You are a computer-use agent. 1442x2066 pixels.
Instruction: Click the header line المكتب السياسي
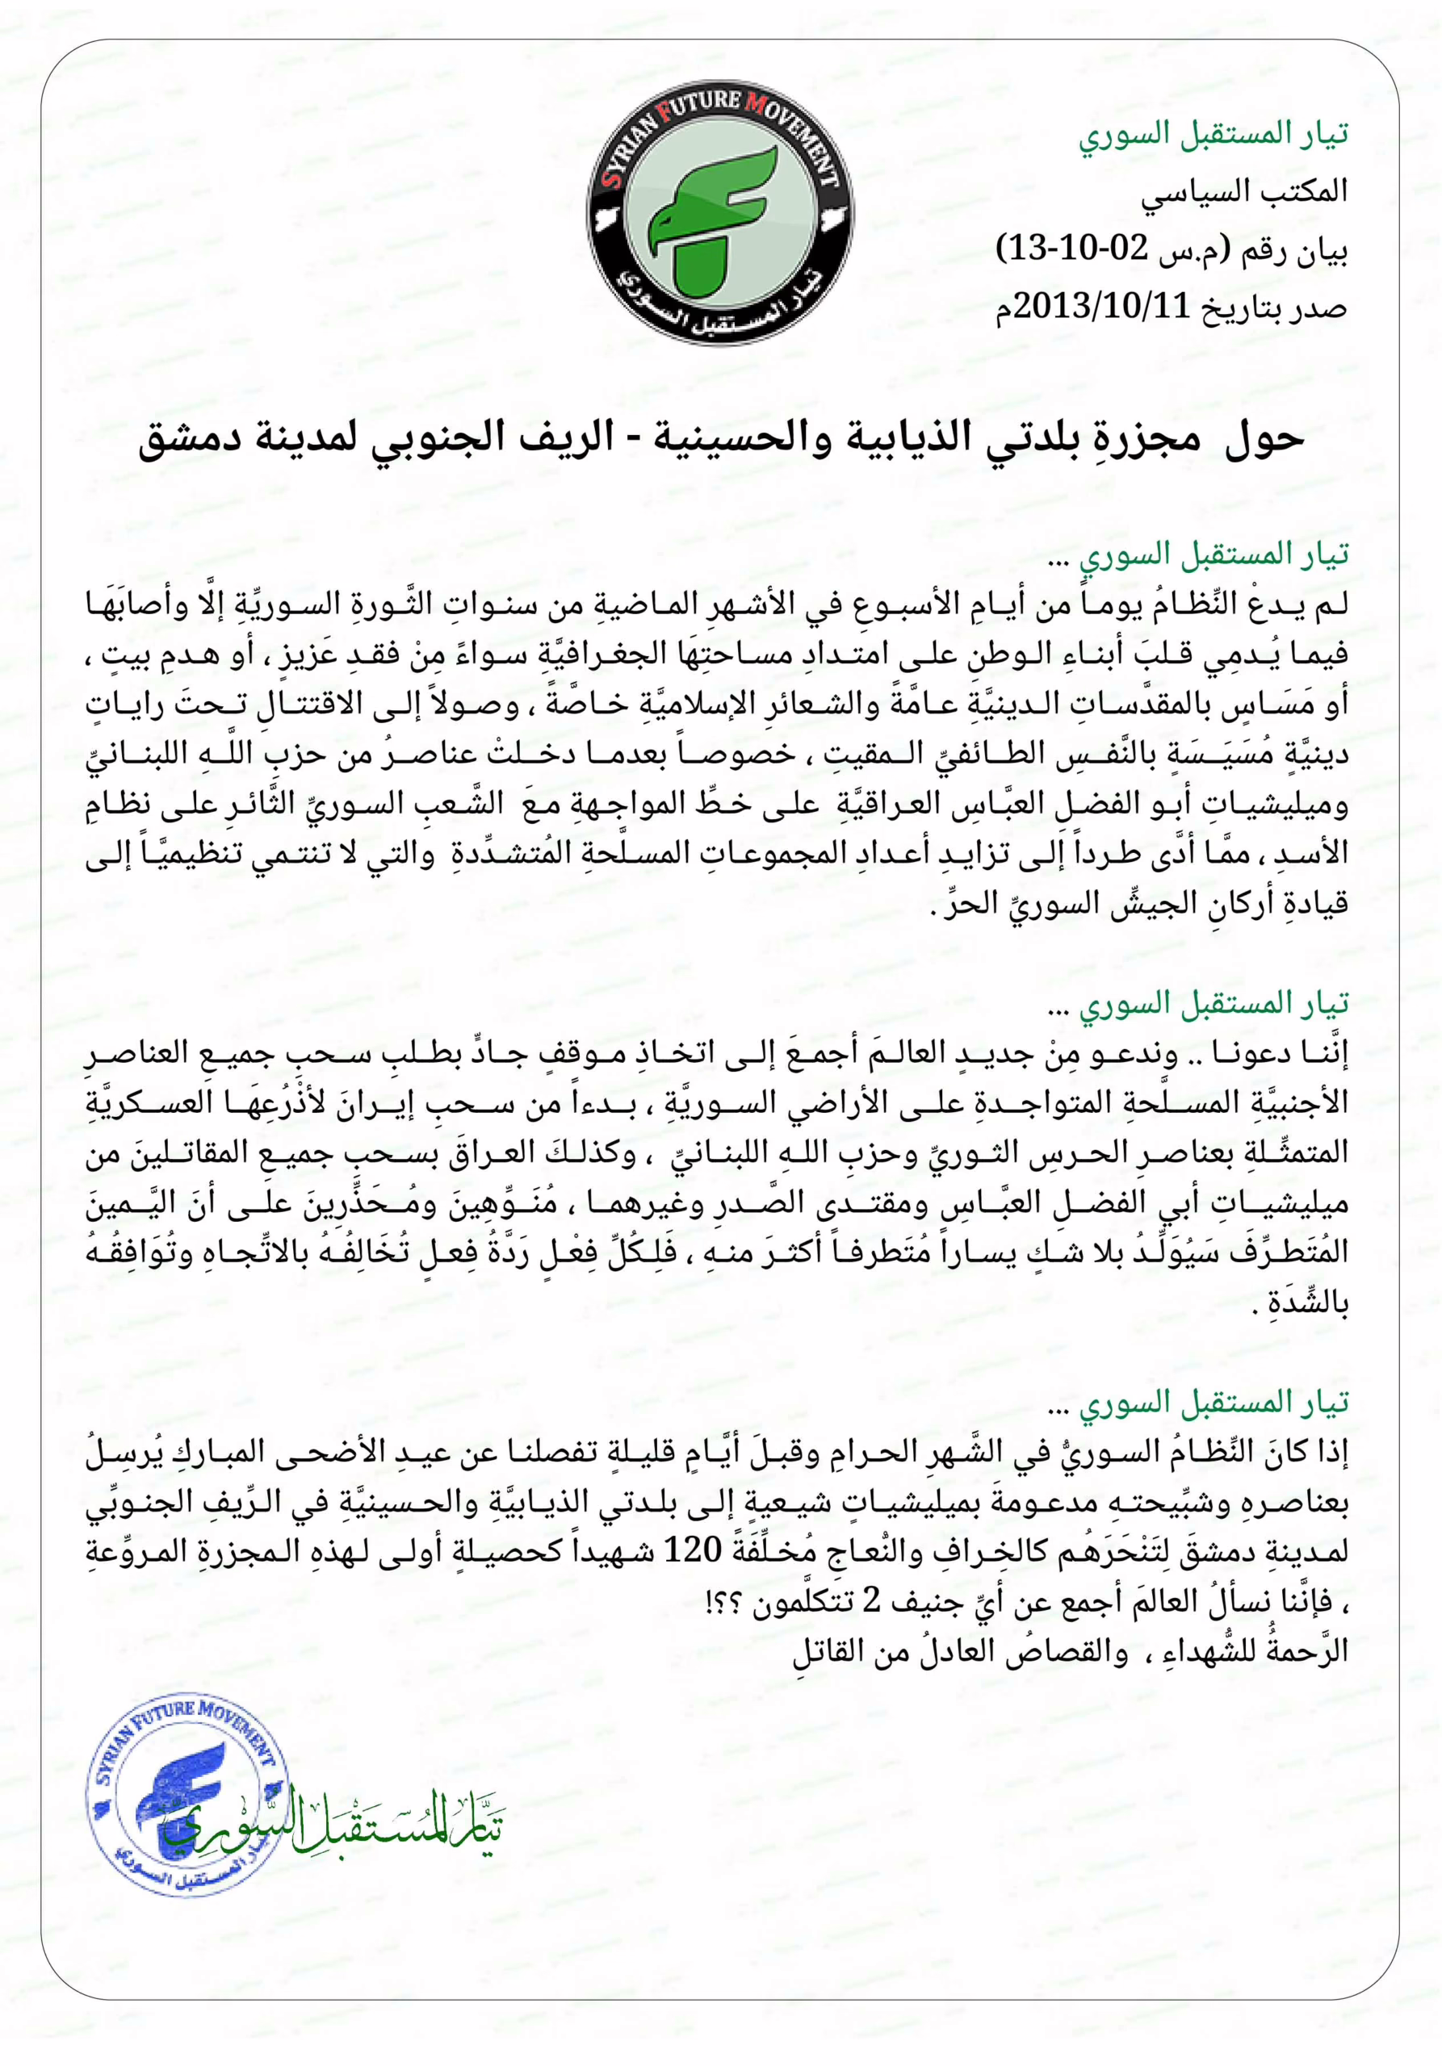(x=1244, y=190)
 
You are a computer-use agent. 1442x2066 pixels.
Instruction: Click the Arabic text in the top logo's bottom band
(x=720, y=306)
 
